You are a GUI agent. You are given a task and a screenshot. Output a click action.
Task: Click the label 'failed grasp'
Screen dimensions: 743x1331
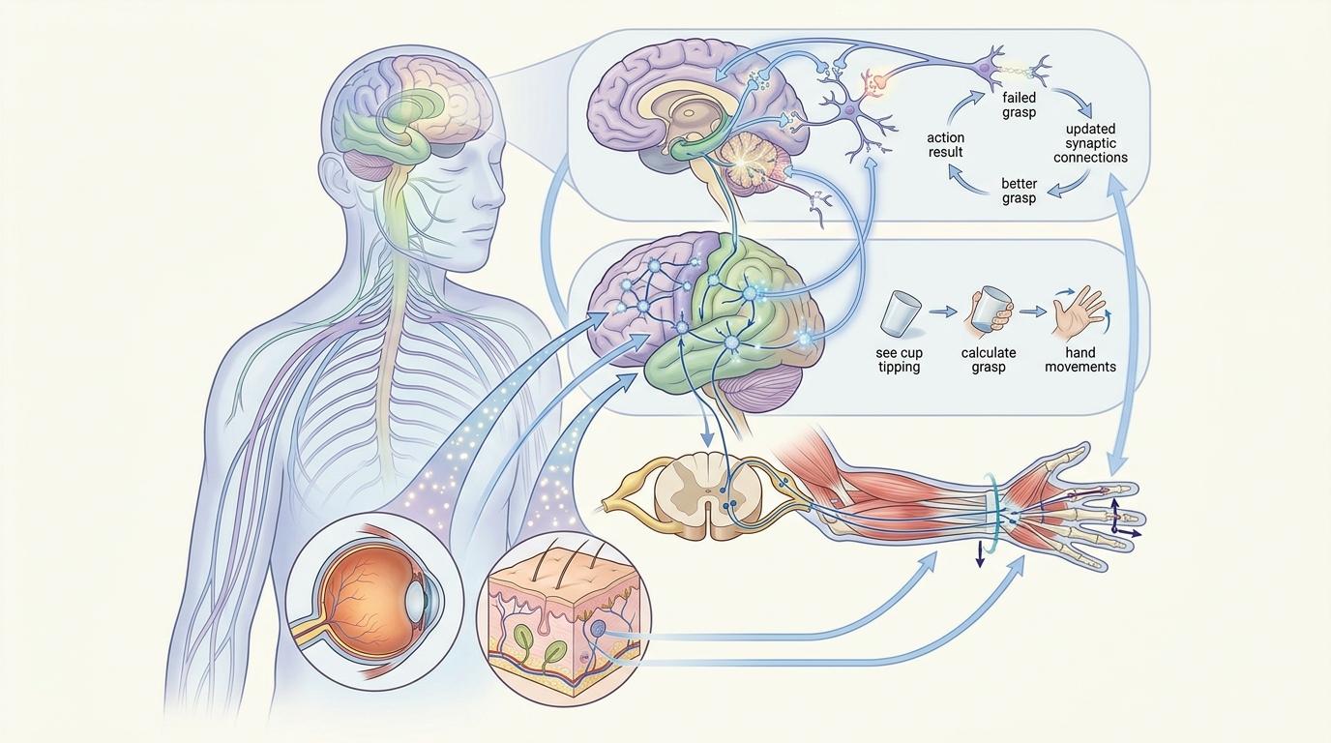[x=1020, y=105]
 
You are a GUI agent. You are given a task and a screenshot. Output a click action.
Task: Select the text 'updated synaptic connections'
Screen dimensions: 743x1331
[x=1089, y=143]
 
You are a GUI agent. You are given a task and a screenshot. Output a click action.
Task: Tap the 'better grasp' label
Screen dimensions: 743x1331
[x=1019, y=191]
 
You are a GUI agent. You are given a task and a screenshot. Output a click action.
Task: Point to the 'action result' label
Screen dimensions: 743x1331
[x=945, y=145]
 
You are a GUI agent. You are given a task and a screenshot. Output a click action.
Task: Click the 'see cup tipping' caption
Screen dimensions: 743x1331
[x=898, y=360]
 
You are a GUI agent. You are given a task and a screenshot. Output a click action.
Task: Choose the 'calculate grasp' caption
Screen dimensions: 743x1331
[x=989, y=360]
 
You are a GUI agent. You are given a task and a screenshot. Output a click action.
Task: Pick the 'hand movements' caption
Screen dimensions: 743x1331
[x=1080, y=360]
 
